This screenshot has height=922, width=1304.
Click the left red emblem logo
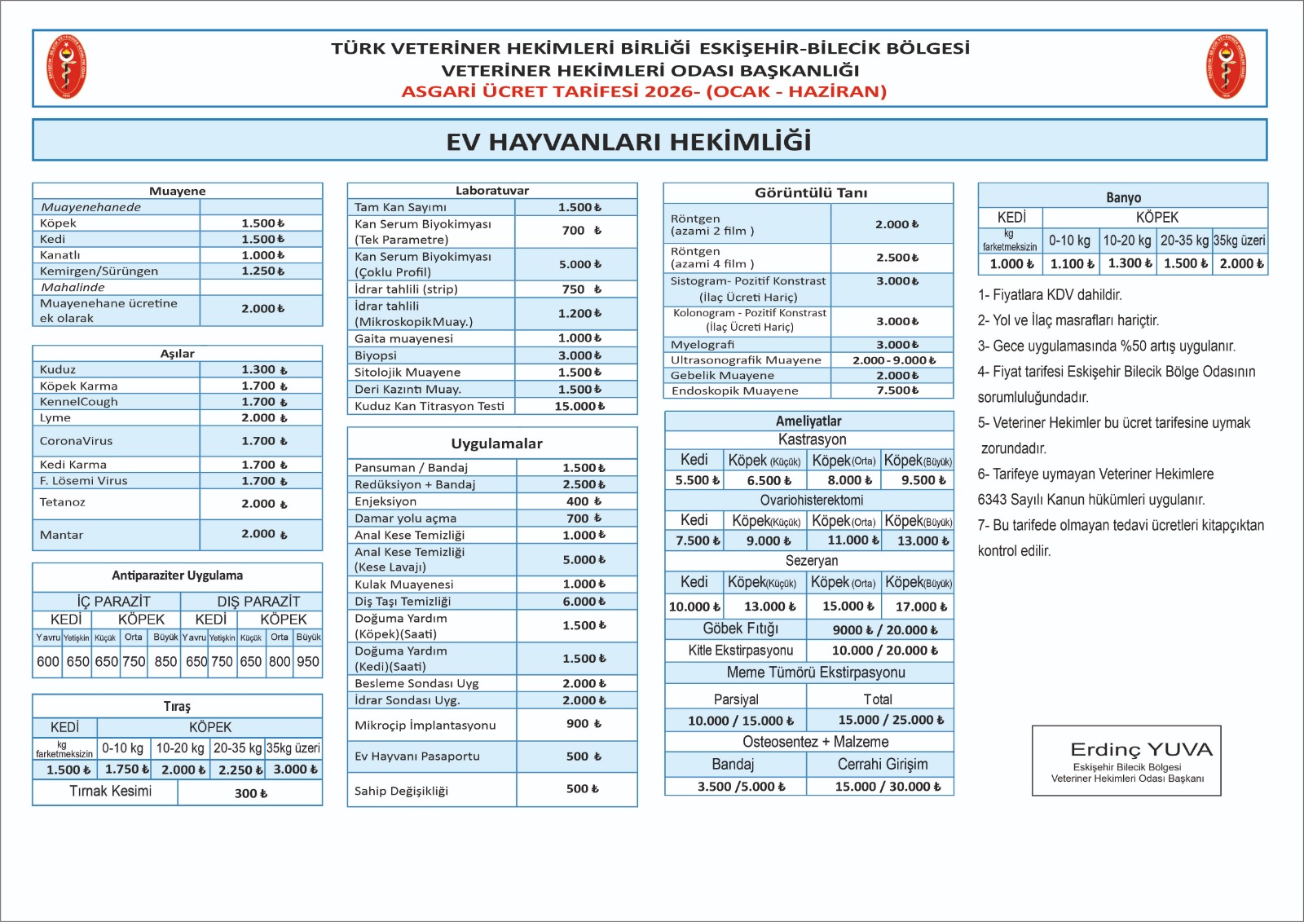(67, 67)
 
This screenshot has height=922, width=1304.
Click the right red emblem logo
(1226, 67)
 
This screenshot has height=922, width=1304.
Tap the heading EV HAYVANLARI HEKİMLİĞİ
(628, 141)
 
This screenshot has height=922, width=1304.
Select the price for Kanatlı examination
(262, 255)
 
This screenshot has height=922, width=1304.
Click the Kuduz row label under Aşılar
(58, 369)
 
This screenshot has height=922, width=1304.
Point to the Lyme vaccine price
(263, 417)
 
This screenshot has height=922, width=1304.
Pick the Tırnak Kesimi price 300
(250, 793)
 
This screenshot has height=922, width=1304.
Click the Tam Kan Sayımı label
(400, 207)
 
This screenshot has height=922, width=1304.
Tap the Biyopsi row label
(376, 355)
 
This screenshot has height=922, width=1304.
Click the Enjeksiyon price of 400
(584, 501)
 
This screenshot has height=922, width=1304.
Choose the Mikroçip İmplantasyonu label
(425, 725)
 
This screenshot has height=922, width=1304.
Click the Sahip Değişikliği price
(582, 789)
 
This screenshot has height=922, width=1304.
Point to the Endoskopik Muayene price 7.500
(897, 390)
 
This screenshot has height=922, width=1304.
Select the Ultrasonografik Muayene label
(746, 360)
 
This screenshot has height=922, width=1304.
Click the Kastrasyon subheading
(812, 439)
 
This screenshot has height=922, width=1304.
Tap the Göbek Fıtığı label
(740, 629)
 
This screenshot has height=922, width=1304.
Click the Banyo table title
(1123, 197)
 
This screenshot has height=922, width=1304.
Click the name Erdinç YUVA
(1141, 749)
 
